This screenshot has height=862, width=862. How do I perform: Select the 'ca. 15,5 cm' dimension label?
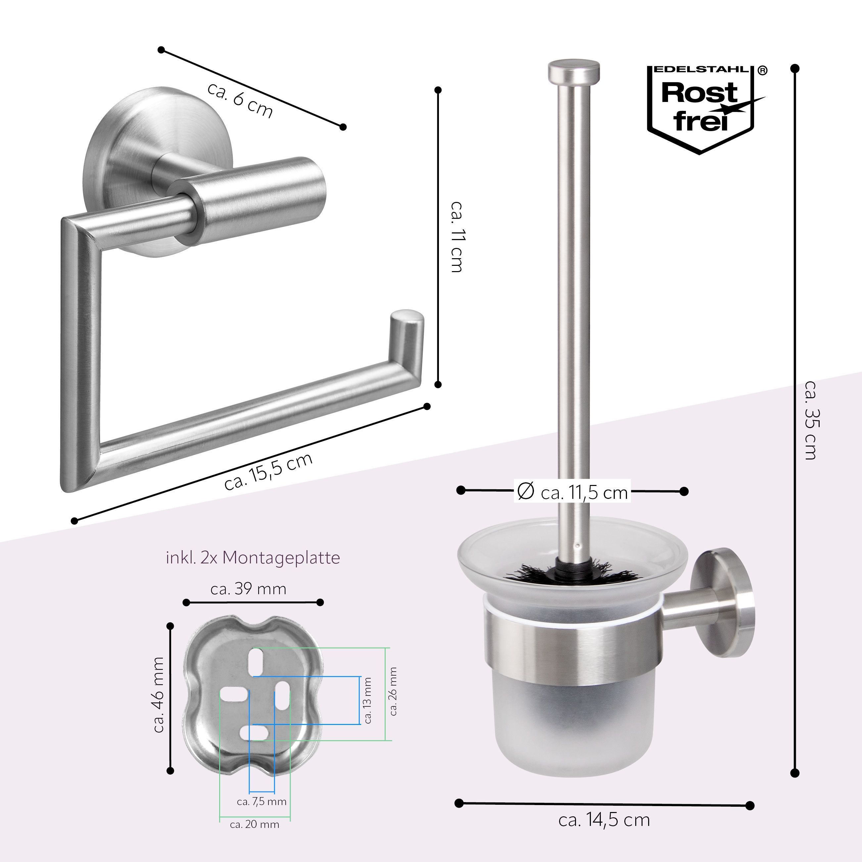click(268, 472)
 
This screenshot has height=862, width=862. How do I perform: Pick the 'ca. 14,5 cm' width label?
click(604, 820)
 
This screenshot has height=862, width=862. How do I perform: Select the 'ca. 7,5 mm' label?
click(262, 789)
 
